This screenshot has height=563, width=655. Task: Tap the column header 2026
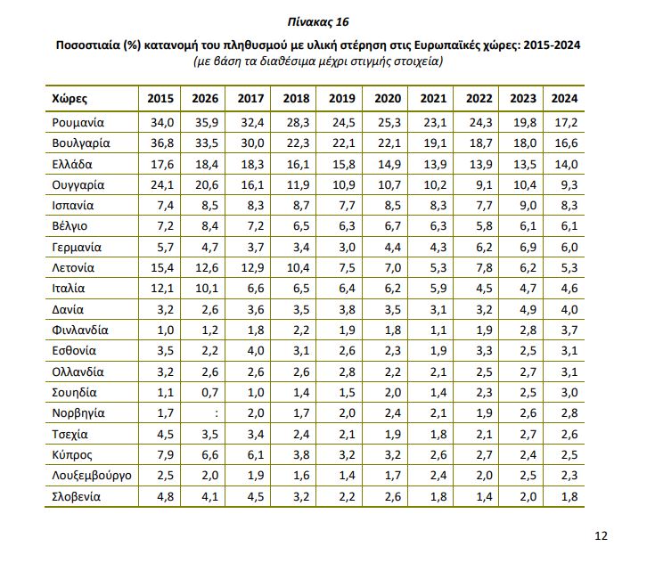[203, 98]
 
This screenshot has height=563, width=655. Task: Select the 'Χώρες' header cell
[70, 98]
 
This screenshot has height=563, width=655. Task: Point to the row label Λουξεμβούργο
[93, 474]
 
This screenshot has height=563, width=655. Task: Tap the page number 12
[601, 535]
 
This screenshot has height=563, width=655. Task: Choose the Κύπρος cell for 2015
[160, 454]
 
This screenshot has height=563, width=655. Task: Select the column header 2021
[433, 98]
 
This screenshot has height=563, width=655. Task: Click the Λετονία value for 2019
[342, 267]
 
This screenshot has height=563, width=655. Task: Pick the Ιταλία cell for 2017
[250, 289]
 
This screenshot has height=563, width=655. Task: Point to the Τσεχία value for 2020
[388, 434]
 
